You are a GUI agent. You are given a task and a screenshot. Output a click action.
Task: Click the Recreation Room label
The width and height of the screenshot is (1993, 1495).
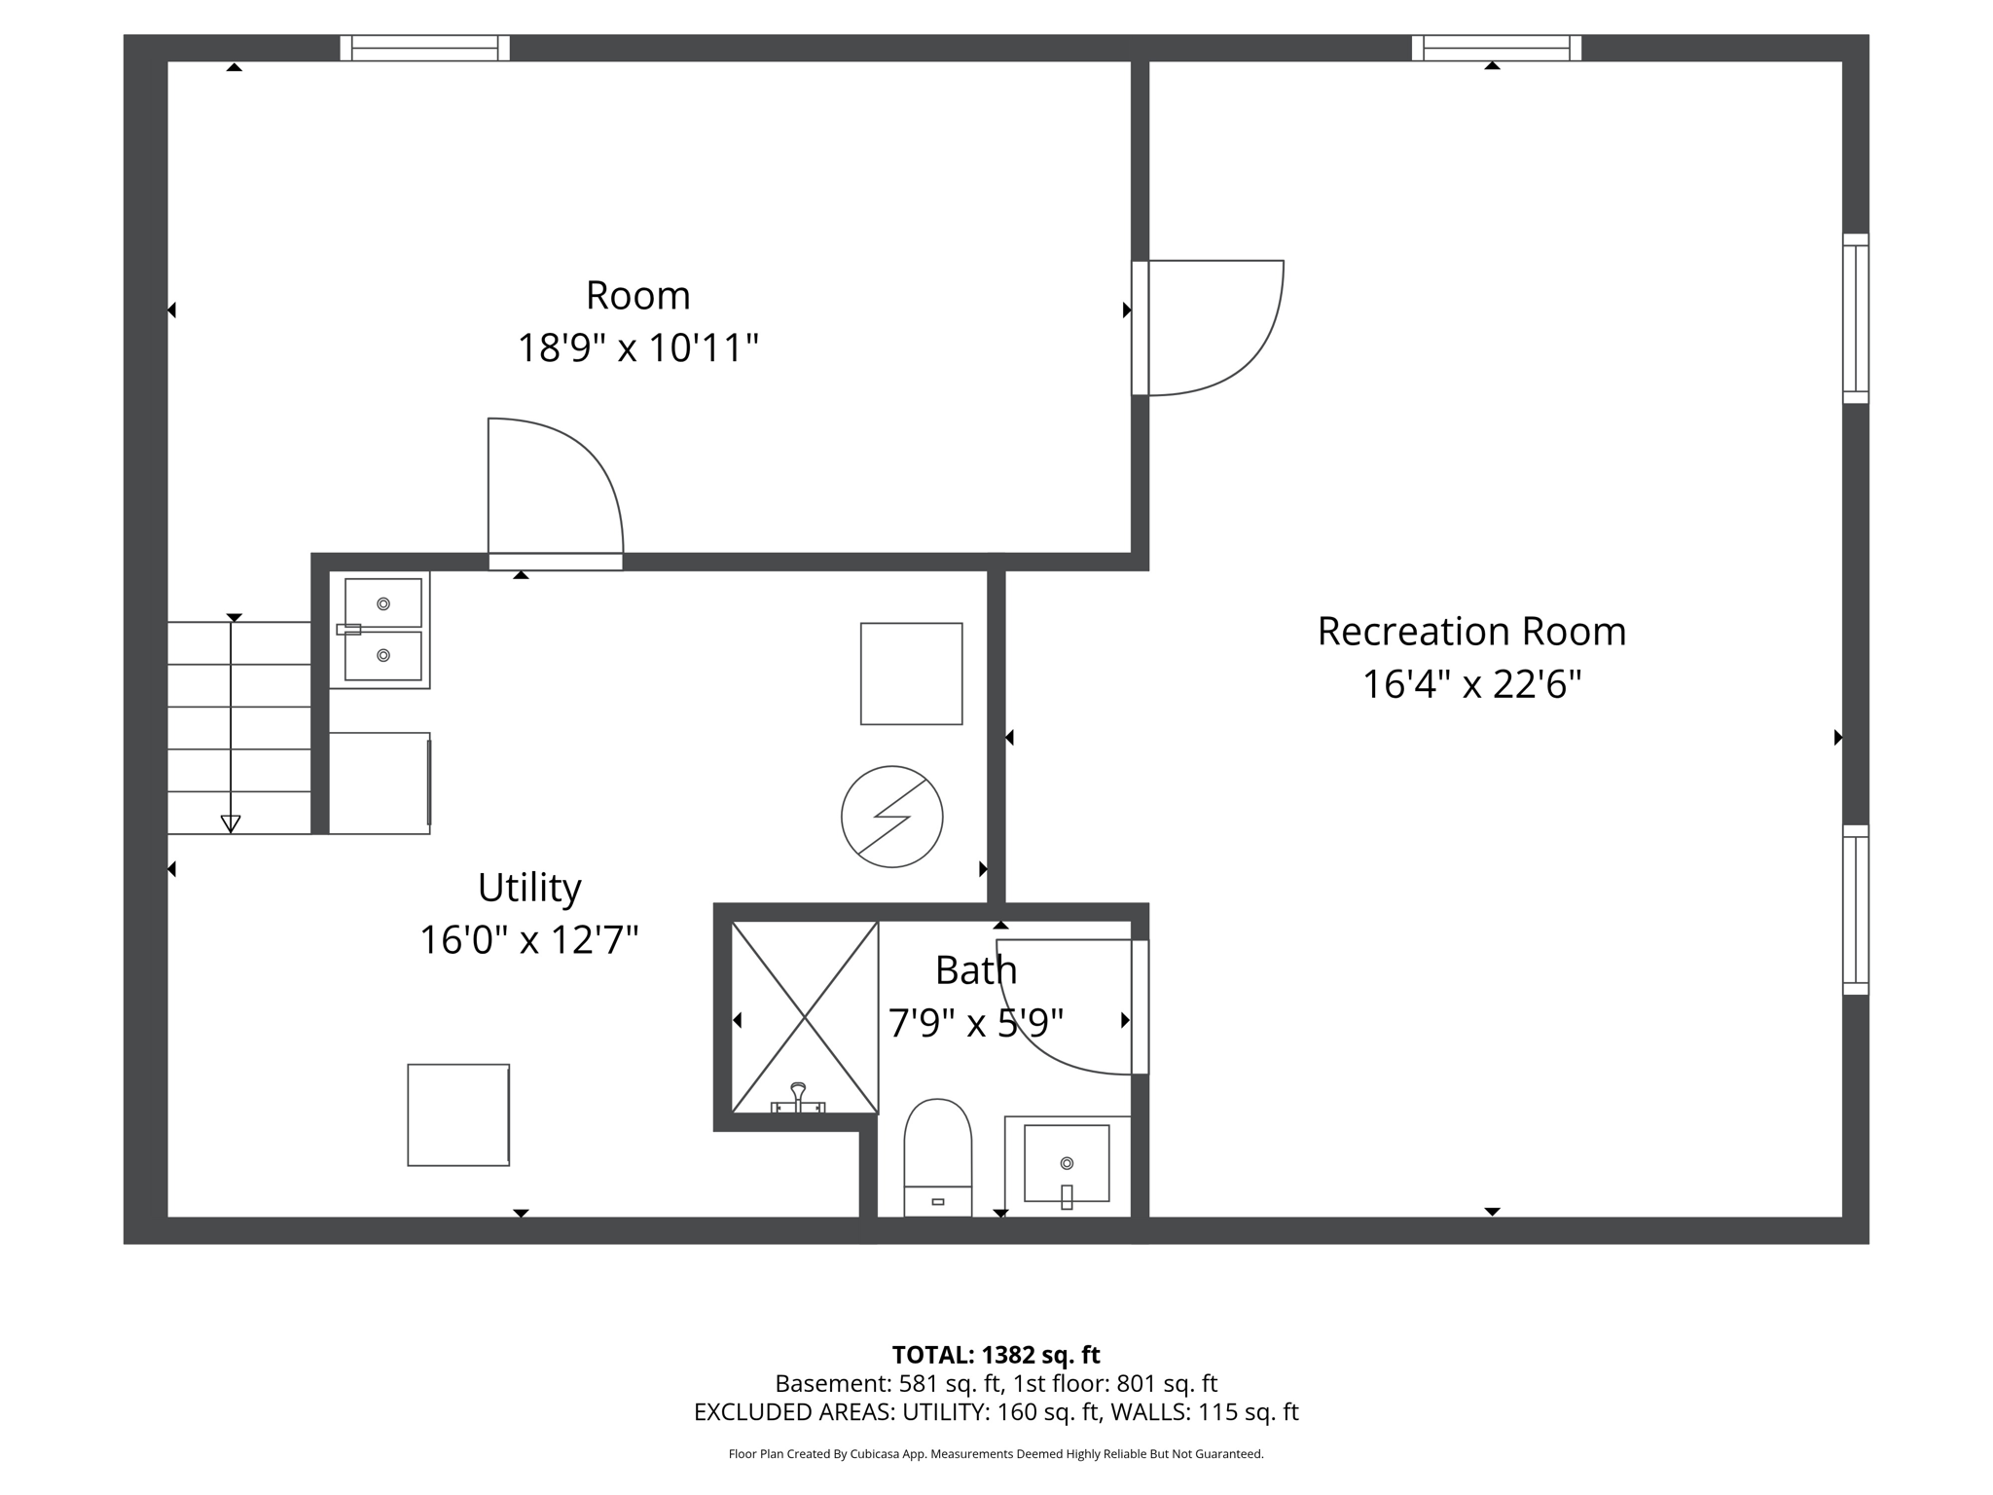click(x=1470, y=632)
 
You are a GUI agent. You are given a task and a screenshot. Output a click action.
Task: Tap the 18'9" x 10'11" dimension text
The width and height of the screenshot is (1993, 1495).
click(x=637, y=348)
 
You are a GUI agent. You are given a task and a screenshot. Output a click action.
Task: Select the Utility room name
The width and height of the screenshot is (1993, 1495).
click(x=529, y=888)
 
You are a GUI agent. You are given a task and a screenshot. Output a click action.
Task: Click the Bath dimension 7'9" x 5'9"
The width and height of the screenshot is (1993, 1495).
click(x=975, y=1023)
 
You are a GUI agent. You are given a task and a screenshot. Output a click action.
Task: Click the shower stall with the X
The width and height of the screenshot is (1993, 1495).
click(x=805, y=1017)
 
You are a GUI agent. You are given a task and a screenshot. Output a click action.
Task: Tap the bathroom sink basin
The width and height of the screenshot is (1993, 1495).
click(x=1067, y=1163)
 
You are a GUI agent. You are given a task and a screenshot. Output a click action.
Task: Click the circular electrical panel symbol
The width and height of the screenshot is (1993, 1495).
click(x=891, y=817)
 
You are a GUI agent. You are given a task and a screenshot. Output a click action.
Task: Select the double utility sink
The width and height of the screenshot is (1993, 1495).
click(x=381, y=630)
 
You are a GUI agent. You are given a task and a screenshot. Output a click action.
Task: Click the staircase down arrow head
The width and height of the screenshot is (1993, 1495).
click(x=231, y=823)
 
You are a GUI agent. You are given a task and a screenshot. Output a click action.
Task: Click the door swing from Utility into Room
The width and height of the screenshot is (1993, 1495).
click(x=555, y=487)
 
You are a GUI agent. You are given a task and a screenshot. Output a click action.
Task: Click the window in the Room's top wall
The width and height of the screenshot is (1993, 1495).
click(x=425, y=48)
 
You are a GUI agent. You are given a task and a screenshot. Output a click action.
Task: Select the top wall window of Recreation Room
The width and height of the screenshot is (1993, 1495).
click(x=1496, y=48)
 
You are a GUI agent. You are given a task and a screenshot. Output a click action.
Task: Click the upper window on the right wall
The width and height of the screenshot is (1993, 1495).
click(x=1855, y=318)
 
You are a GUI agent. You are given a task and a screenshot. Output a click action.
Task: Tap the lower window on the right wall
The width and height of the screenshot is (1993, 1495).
click(x=1855, y=910)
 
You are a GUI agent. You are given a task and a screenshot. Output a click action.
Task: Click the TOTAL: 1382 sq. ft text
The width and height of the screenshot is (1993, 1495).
click(x=996, y=1355)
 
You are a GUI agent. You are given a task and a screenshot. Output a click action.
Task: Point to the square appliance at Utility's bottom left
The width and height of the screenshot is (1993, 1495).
click(x=458, y=1114)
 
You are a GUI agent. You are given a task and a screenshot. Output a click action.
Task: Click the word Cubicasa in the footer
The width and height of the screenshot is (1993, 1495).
click(x=873, y=1454)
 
